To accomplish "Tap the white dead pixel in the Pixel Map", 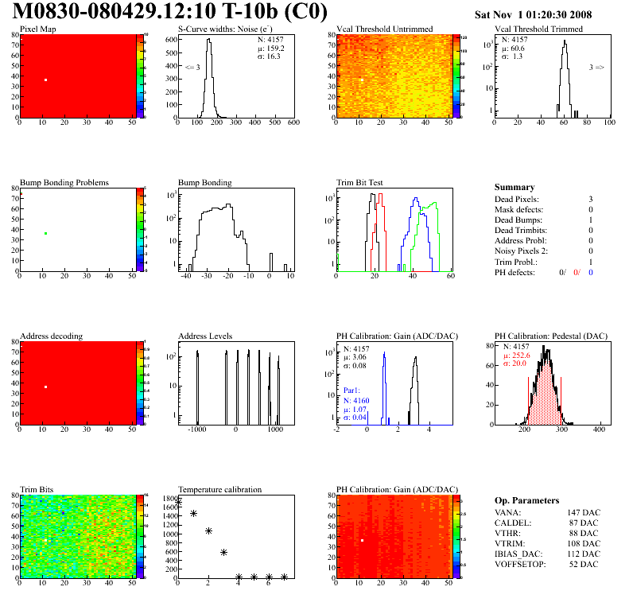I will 46,80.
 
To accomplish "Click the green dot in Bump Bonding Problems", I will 46,234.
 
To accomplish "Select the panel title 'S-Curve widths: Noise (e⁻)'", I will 219,29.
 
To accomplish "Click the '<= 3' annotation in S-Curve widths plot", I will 192,68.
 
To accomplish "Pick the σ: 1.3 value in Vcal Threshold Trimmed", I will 512,56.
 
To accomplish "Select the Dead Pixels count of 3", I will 591,199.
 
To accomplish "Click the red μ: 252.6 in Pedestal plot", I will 518,356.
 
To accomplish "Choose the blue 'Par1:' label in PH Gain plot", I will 353,391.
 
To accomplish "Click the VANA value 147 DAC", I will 584,513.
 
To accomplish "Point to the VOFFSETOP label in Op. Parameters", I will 521,565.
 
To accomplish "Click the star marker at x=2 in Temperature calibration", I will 209,530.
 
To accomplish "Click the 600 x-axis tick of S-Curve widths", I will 293,122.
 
